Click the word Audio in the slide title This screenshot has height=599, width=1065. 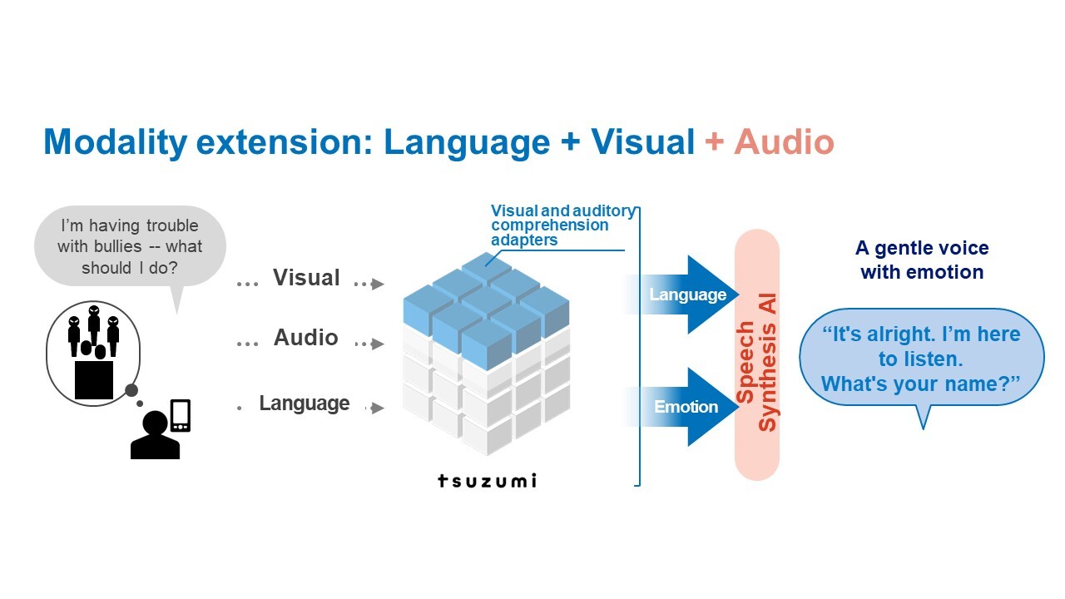[x=784, y=141]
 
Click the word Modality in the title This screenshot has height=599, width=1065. [x=115, y=142]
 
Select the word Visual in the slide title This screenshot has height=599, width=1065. [x=642, y=141]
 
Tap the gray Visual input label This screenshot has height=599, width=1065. [x=306, y=277]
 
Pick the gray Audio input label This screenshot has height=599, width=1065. [x=305, y=337]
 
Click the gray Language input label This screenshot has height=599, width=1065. [x=305, y=403]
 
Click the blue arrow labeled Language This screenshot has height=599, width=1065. [x=681, y=295]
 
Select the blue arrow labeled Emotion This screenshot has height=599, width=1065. [x=681, y=407]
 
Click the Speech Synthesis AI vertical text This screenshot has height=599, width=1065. [x=756, y=362]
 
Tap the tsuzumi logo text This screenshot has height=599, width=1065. [x=488, y=481]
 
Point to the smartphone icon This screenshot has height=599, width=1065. [x=181, y=415]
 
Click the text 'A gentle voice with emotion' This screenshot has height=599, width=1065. [x=922, y=260]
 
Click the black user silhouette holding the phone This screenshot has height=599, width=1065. [x=155, y=434]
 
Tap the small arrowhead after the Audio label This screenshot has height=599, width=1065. [x=378, y=344]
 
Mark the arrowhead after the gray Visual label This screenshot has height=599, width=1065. [x=378, y=284]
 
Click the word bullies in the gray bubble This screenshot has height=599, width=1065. [x=118, y=246]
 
